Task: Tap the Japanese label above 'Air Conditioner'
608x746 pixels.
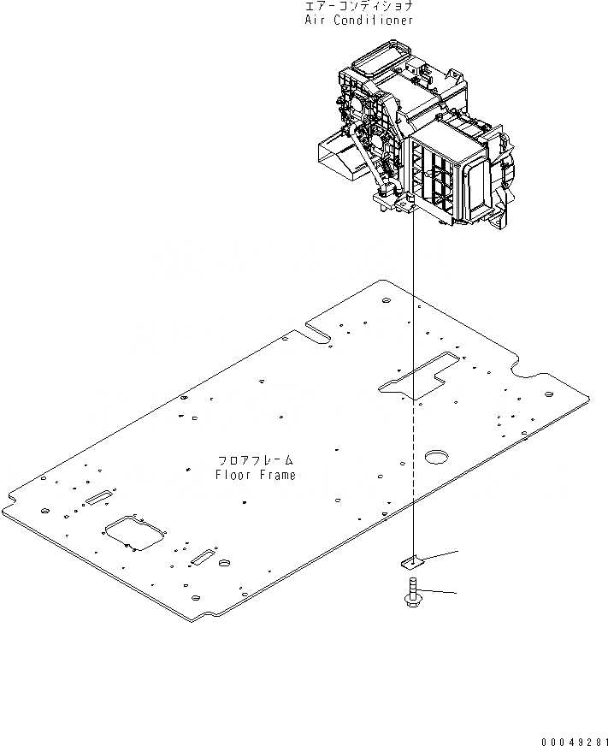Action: (x=359, y=6)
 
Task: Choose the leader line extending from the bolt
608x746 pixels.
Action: (x=436, y=591)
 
